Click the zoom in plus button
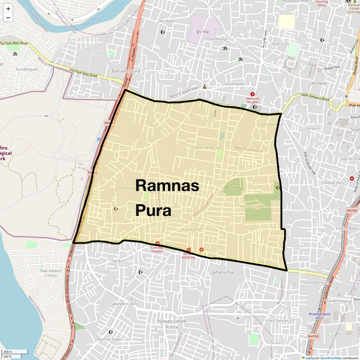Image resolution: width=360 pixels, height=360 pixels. pyautogui.click(x=8, y=9)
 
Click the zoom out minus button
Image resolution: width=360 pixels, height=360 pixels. pyautogui.click(x=8, y=18)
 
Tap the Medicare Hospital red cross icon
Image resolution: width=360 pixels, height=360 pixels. pyautogui.click(x=252, y=94)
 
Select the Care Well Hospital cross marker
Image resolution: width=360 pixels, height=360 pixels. pyautogui.click(x=157, y=243)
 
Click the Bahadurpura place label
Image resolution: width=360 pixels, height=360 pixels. pyautogui.click(x=126, y=71)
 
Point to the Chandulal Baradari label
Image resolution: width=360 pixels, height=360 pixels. pyautogui.click(x=207, y=147)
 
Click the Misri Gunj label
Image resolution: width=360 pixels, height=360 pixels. pyautogui.click(x=249, y=206)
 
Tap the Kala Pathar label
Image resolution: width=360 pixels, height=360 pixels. pyautogui.click(x=192, y=230)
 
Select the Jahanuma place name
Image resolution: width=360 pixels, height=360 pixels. pyautogui.click(x=222, y=272)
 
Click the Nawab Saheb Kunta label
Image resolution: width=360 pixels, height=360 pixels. pyautogui.click(x=172, y=324)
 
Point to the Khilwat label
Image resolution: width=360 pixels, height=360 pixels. pyautogui.click(x=319, y=83)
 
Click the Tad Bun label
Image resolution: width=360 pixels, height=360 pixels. pyautogui.click(x=118, y=261)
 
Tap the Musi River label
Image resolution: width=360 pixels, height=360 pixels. pyautogui.click(x=91, y=21)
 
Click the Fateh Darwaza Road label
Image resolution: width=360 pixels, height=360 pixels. pyautogui.click(x=315, y=97)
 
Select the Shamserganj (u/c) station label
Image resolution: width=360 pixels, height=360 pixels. pyautogui.click(x=319, y=316)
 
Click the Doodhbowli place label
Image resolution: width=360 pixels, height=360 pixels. pyautogui.click(x=235, y=84)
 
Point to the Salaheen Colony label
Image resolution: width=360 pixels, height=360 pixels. pyautogui.click(x=125, y=304)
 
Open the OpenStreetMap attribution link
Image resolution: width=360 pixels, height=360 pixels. pyautogui.click(x=330, y=358)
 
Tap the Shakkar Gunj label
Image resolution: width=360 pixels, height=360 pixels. pyautogui.click(x=332, y=183)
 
